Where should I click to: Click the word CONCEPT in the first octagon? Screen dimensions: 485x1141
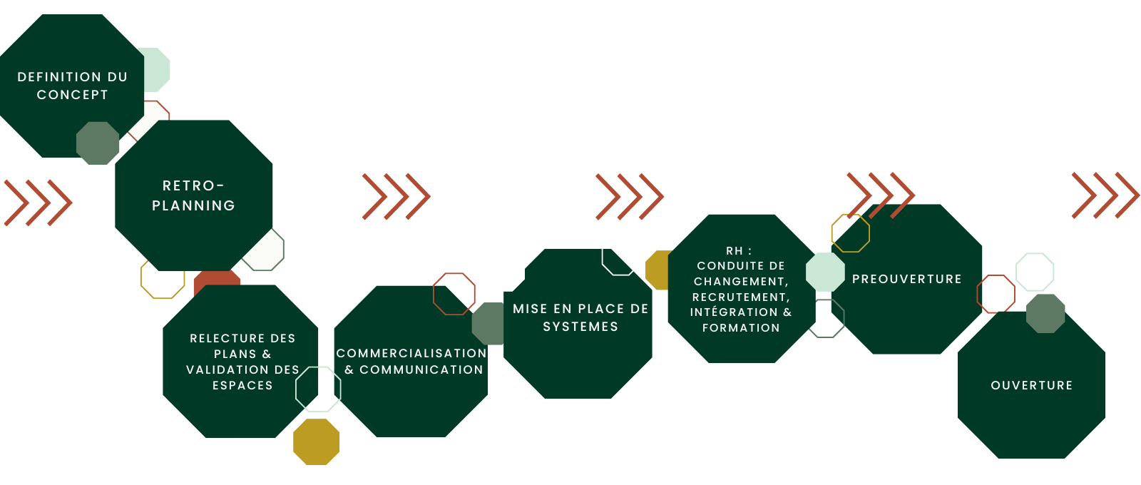[x=72, y=95]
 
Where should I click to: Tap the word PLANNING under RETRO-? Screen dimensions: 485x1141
[x=193, y=205]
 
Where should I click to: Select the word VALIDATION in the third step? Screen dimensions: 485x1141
[x=222, y=369]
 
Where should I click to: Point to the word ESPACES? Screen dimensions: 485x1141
[x=242, y=385]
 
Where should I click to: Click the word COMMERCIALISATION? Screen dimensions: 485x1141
[x=411, y=353]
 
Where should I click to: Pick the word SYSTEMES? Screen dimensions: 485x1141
[x=580, y=327]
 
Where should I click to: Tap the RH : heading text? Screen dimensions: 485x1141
[x=739, y=250]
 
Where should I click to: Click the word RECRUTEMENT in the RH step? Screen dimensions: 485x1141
[x=740, y=297]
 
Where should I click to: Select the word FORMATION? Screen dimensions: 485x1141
[x=741, y=327]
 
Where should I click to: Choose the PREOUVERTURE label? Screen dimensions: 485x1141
[x=906, y=279]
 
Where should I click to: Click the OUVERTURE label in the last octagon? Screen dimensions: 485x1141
[x=1031, y=385]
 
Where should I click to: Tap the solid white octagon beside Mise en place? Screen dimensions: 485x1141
[x=503, y=270]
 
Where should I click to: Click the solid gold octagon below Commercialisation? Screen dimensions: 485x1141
[x=317, y=441]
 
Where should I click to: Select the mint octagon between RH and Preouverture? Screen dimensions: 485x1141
[x=825, y=272]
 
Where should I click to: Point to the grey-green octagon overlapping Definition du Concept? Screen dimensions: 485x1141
[x=98, y=143]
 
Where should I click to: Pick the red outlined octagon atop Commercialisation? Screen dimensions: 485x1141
[x=454, y=293]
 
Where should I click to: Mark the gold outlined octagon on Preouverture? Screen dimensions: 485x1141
[x=850, y=233]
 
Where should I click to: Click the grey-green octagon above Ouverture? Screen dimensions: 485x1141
[x=1045, y=313]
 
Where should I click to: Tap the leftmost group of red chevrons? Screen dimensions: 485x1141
[x=38, y=203]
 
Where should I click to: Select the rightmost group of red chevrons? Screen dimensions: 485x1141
[x=1105, y=195]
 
